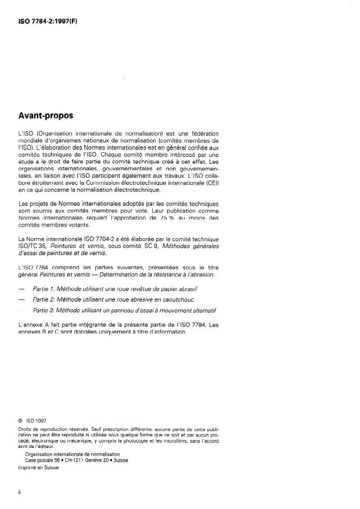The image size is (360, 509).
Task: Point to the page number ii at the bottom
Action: pos(21,493)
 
